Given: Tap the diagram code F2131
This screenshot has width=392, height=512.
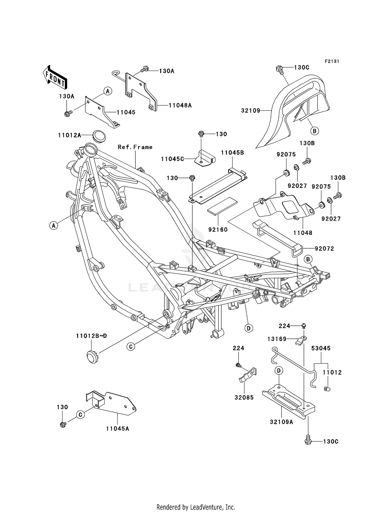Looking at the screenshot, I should (x=332, y=61).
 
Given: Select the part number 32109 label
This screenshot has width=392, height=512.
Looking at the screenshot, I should (x=250, y=111).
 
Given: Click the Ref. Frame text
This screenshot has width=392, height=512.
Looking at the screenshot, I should (x=135, y=147).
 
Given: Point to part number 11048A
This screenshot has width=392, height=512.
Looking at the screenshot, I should (x=180, y=105).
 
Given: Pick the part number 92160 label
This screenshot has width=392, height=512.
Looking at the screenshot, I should (x=218, y=230).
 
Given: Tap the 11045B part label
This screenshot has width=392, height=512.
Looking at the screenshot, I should (x=232, y=153).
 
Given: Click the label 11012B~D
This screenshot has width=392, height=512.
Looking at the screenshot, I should (x=91, y=336).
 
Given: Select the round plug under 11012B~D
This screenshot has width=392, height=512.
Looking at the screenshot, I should (x=92, y=356).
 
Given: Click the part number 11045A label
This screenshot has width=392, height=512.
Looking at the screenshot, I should (x=118, y=429).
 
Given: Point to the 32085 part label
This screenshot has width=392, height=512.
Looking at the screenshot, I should (x=244, y=397).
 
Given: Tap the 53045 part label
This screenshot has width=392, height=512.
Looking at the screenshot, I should (x=321, y=348).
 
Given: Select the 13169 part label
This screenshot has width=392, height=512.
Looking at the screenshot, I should (x=277, y=339).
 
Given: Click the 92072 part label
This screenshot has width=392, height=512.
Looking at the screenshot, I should (x=324, y=249).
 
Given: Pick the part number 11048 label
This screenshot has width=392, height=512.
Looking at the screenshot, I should (x=303, y=233).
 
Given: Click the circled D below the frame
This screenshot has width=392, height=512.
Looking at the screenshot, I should (x=249, y=328).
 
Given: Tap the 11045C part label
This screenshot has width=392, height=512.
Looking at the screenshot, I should (x=172, y=159).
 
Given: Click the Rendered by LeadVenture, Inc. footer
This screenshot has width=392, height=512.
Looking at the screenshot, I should (x=196, y=507).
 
